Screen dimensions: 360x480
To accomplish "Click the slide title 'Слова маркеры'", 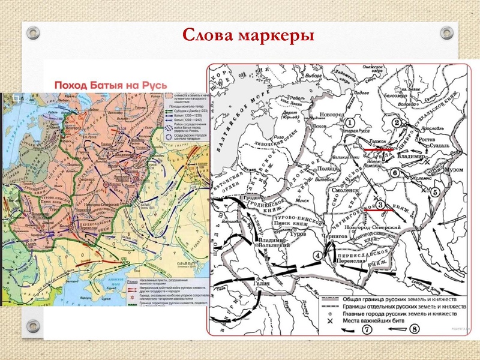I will pyautogui.click(x=248, y=34).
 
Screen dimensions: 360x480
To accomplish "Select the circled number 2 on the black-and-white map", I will pyautogui.click(x=397, y=123).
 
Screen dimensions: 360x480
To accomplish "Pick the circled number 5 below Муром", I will pyautogui.click(x=436, y=193).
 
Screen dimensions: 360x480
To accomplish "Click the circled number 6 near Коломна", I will pyautogui.click(x=395, y=173).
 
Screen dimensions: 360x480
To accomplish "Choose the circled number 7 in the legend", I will pyautogui.click(x=368, y=330).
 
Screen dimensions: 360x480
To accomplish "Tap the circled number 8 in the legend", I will pyautogui.click(x=414, y=330).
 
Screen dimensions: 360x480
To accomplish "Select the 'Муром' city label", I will pyautogui.click(x=454, y=170).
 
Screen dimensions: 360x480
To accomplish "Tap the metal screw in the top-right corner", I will pyautogui.click(x=446, y=32).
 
